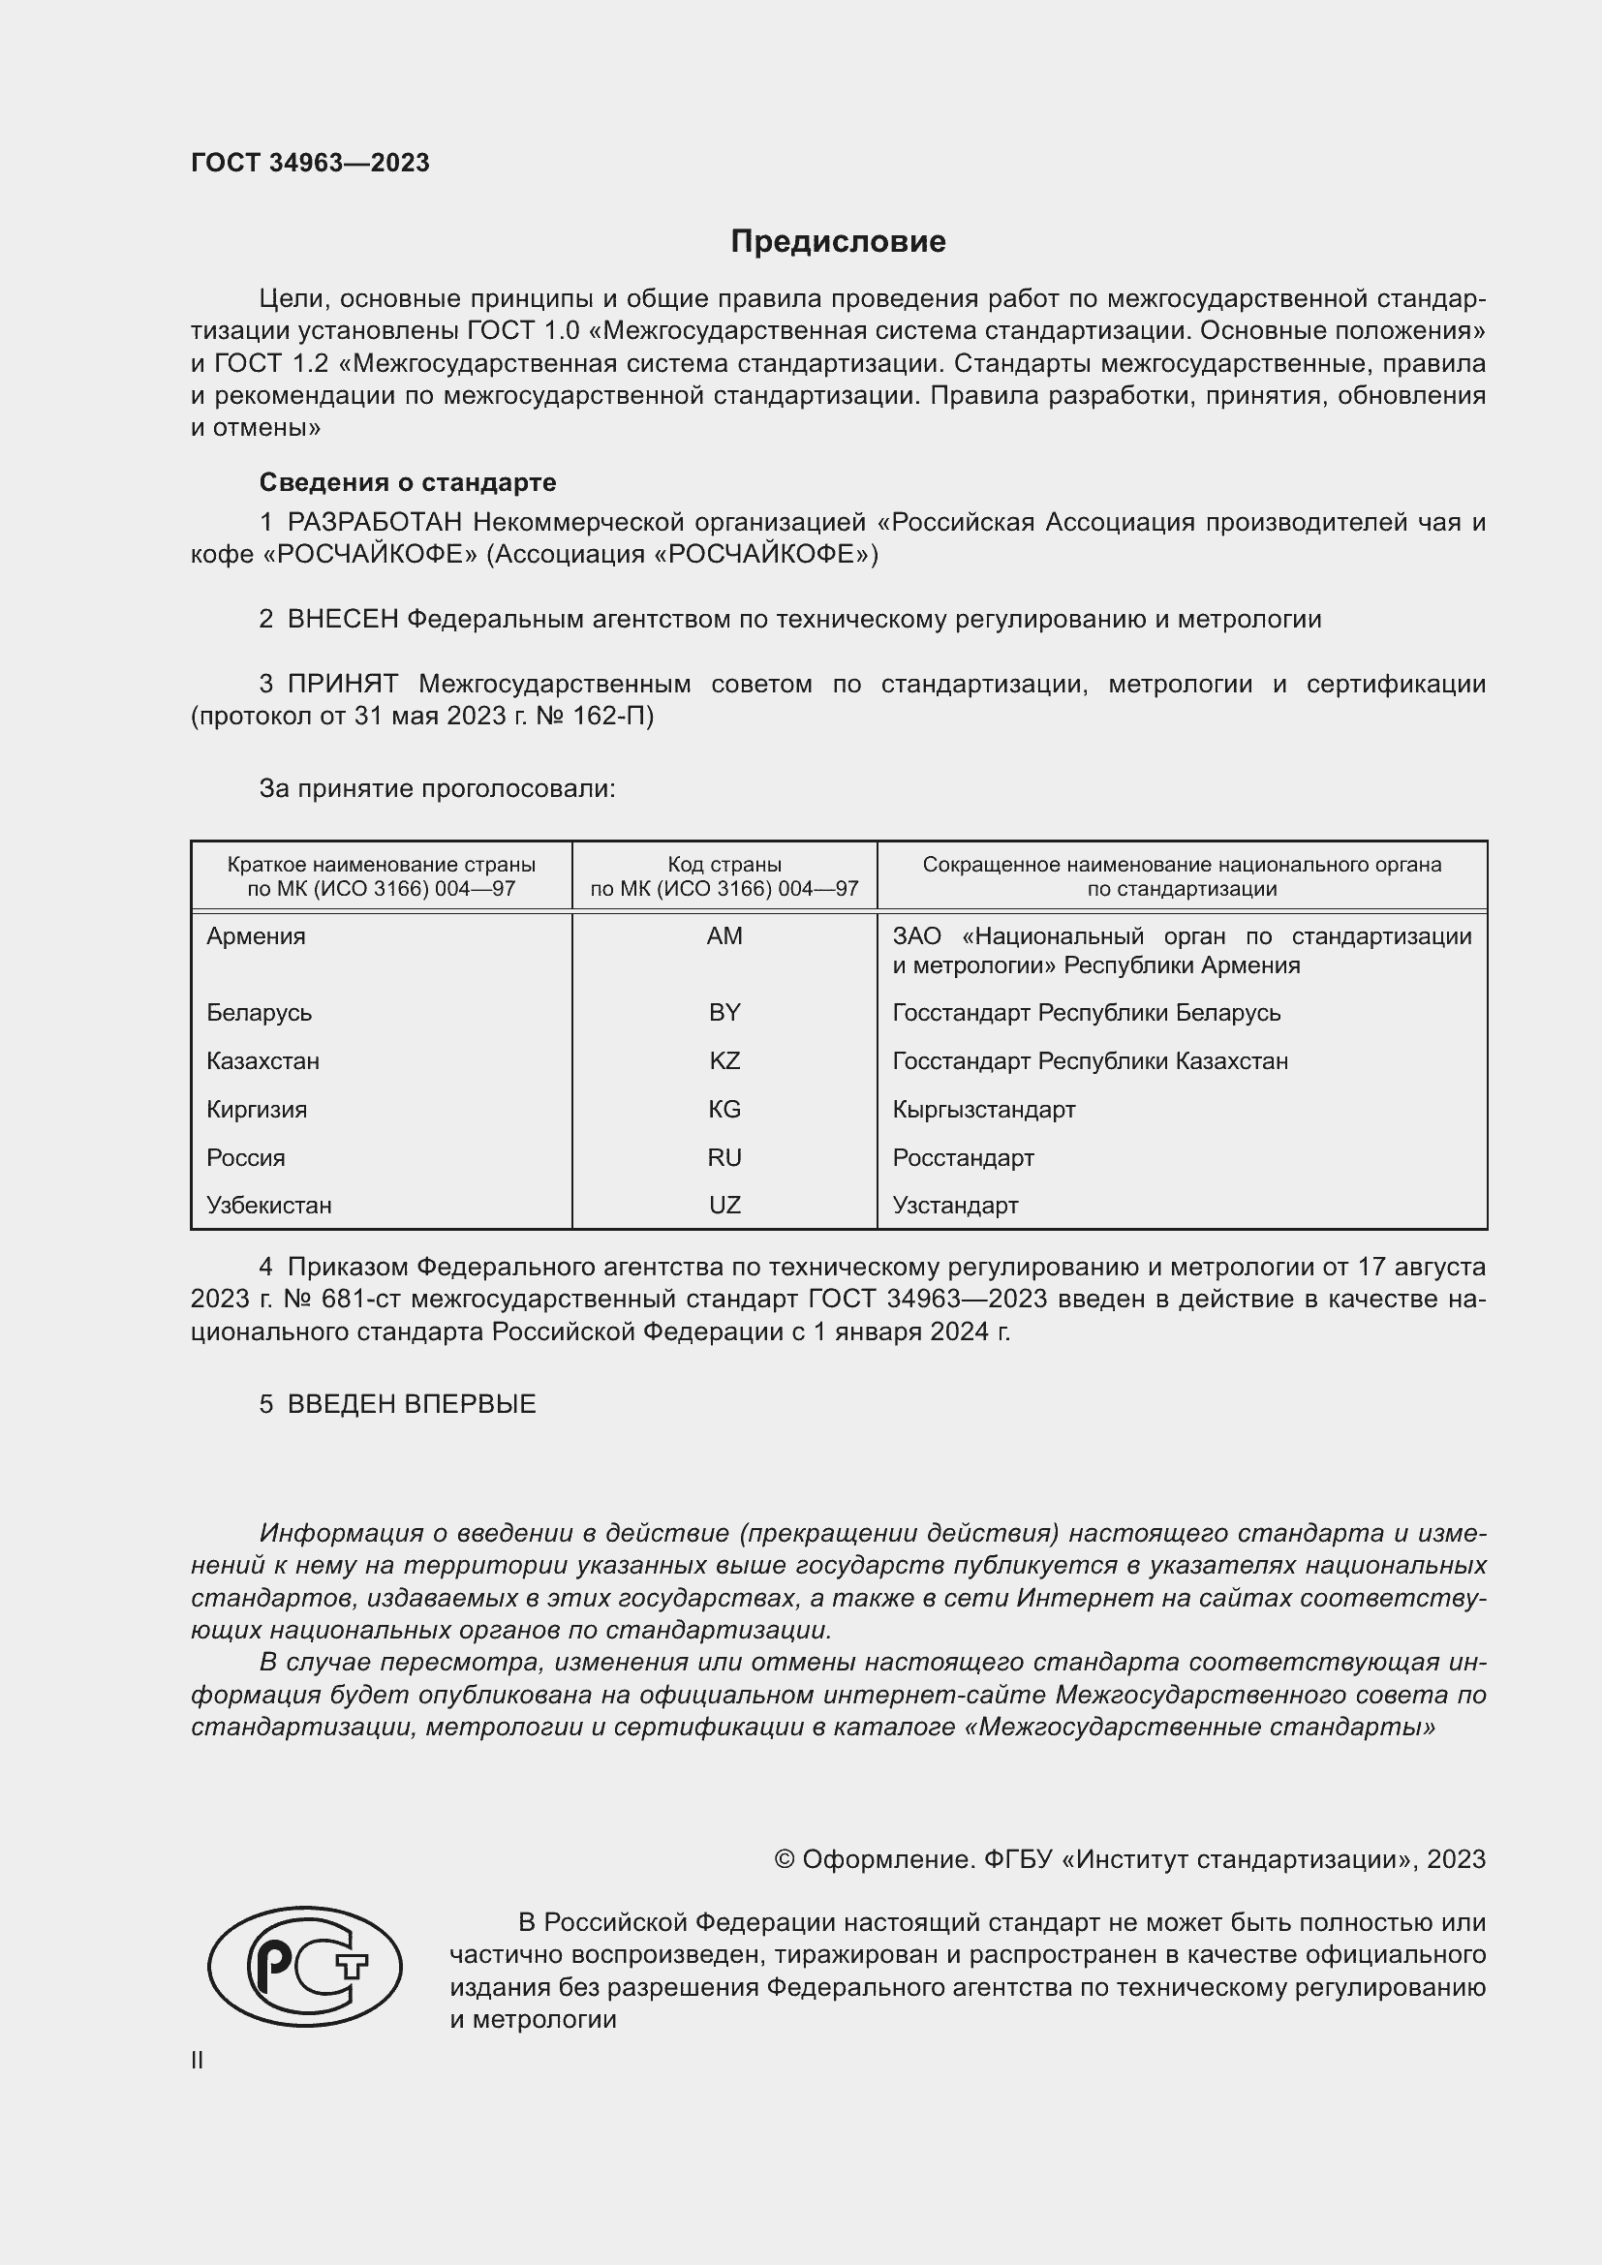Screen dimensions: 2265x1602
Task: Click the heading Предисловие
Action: click(838, 242)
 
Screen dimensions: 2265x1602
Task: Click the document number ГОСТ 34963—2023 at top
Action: click(310, 163)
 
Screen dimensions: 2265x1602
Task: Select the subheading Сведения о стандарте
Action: click(408, 482)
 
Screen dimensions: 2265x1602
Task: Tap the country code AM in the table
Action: click(724, 936)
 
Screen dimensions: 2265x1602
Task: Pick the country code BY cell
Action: click(724, 1013)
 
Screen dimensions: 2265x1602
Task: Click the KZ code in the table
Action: click(724, 1061)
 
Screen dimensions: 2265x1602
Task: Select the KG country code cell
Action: click(724, 1110)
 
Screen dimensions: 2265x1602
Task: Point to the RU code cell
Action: click(724, 1158)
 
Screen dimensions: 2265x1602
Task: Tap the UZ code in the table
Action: click(724, 1206)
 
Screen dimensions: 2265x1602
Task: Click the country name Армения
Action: click(256, 936)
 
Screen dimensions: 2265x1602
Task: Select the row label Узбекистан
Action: click(268, 1206)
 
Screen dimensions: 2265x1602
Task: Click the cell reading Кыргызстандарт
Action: click(983, 1110)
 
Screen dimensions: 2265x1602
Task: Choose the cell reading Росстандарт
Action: click(963, 1158)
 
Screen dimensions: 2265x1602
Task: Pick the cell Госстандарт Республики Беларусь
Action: click(1086, 1013)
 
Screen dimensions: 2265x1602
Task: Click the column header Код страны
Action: click(724, 865)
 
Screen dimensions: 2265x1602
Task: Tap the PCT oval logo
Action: click(305, 1966)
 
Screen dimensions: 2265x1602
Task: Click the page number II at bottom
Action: click(198, 2060)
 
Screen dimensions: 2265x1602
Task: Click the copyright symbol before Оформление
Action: click(785, 1859)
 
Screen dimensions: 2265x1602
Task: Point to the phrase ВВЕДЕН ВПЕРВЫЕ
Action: click(412, 1405)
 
